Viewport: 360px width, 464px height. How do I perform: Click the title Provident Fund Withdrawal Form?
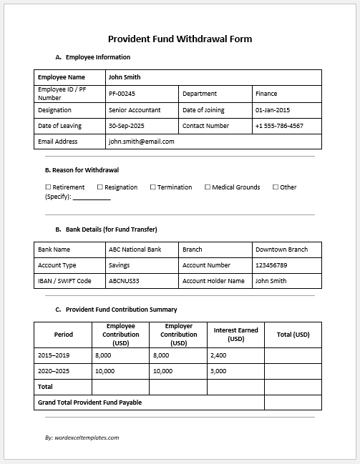[x=180, y=39]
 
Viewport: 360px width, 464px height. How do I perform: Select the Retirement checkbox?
[x=48, y=187]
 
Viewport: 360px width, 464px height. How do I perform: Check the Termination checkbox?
[x=152, y=187]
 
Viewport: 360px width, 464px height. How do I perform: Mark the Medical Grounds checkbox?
[x=208, y=187]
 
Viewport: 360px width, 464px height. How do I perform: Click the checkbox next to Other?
[x=276, y=187]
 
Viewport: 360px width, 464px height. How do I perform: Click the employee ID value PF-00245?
[x=122, y=94]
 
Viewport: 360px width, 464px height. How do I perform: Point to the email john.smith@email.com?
[x=141, y=142]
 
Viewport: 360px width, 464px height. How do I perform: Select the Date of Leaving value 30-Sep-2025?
[x=126, y=126]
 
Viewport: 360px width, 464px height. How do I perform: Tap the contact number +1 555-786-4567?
[x=278, y=126]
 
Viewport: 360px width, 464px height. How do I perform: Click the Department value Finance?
[x=266, y=94]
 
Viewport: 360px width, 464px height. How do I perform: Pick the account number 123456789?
[x=271, y=265]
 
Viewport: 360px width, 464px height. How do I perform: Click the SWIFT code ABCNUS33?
[x=123, y=281]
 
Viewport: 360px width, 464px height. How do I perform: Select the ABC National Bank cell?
[x=134, y=250]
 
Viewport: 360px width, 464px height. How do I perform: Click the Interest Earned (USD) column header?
[x=235, y=334]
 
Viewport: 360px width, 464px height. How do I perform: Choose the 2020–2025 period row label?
[x=54, y=371]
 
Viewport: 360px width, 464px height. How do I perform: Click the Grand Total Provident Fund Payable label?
[x=89, y=403]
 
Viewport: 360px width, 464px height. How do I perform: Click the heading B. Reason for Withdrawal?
[x=82, y=170]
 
